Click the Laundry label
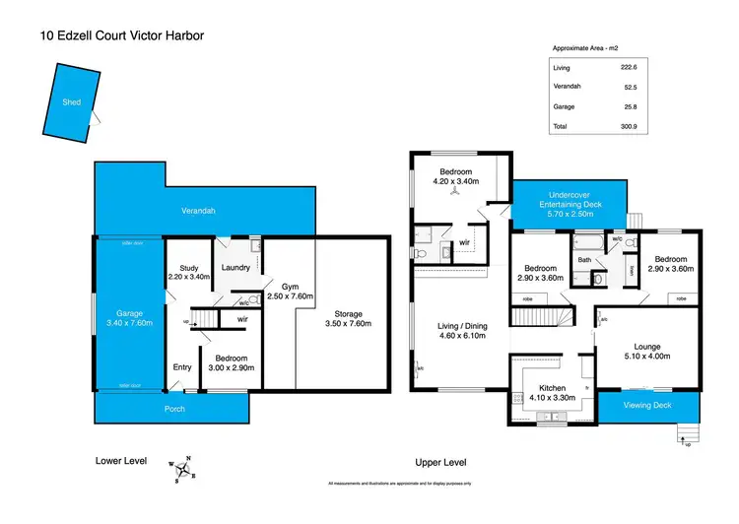point(235,267)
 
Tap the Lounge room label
point(646,346)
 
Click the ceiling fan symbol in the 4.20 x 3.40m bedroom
point(455,194)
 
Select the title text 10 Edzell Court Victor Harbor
point(122,36)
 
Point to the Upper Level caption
point(440,462)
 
